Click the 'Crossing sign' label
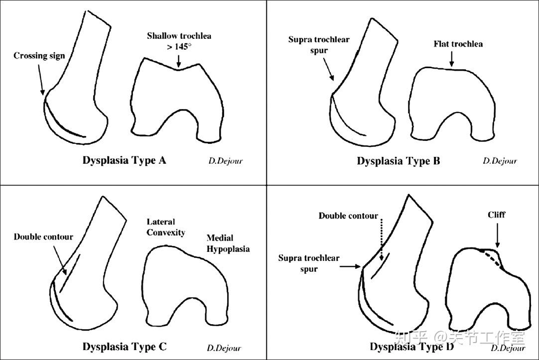click(x=39, y=56)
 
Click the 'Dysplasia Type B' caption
click(x=398, y=161)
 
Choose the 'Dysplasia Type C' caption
click(x=125, y=346)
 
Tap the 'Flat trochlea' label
click(x=458, y=44)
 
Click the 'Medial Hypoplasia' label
click(x=228, y=243)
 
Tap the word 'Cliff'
click(x=496, y=215)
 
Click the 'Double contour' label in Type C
click(x=43, y=237)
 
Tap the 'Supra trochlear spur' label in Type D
click(x=309, y=263)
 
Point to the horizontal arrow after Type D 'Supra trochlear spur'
click(x=351, y=266)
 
